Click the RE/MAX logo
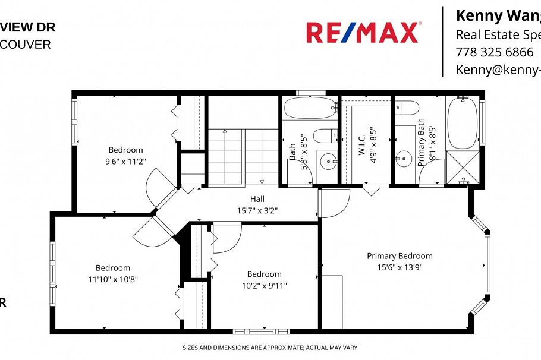[x=363, y=33]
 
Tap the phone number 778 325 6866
[x=494, y=52]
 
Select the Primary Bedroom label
[x=400, y=256]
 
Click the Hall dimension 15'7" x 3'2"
[x=257, y=210]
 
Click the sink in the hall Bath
[x=328, y=160]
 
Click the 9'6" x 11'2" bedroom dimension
[x=125, y=160]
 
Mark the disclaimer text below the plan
[x=269, y=348]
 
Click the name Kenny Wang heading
[x=497, y=15]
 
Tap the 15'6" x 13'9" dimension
[x=400, y=267]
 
